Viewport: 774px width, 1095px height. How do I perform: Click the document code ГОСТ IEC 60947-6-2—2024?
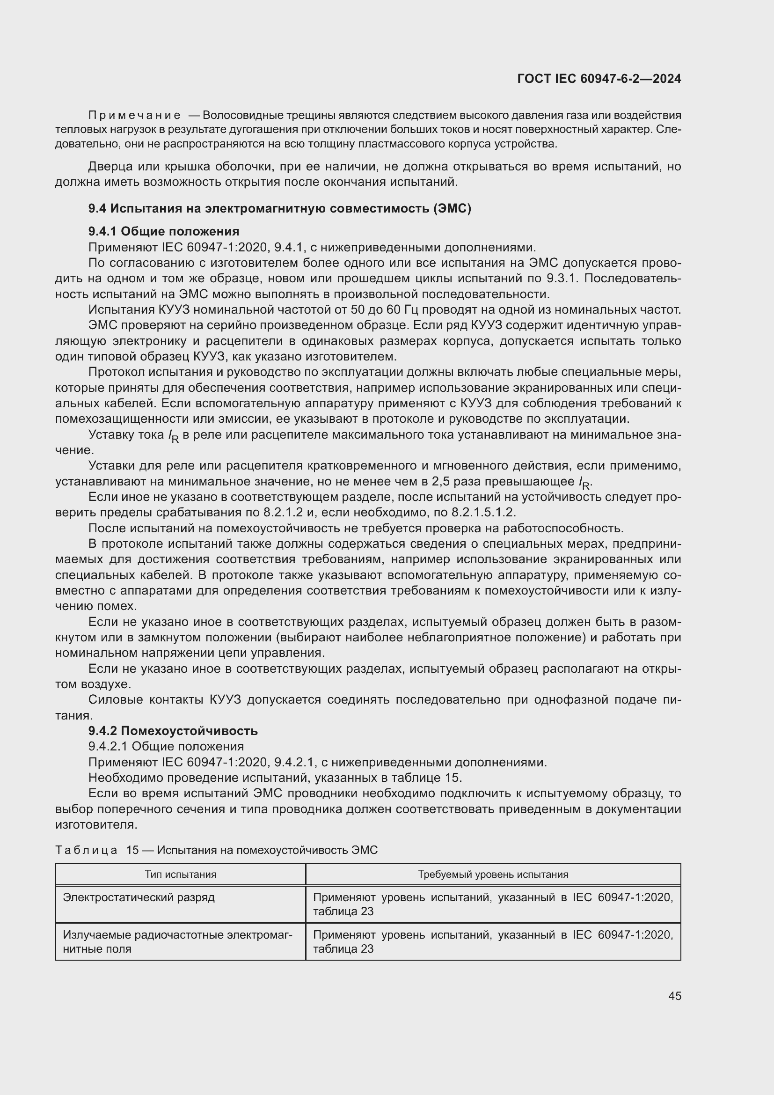[599, 79]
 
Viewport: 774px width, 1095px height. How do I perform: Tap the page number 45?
[674, 996]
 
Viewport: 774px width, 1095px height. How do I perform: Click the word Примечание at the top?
[134, 116]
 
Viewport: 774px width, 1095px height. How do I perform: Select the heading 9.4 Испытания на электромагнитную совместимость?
[280, 208]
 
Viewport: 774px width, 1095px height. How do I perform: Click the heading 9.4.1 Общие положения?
[164, 231]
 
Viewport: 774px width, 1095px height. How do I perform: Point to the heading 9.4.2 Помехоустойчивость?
[173, 731]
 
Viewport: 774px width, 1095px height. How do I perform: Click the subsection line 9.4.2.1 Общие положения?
[166, 746]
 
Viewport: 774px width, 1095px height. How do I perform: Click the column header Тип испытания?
[180, 874]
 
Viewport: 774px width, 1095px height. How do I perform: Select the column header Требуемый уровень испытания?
[493, 874]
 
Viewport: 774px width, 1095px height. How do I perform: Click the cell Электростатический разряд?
[139, 897]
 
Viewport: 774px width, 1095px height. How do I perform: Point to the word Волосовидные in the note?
[236, 116]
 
